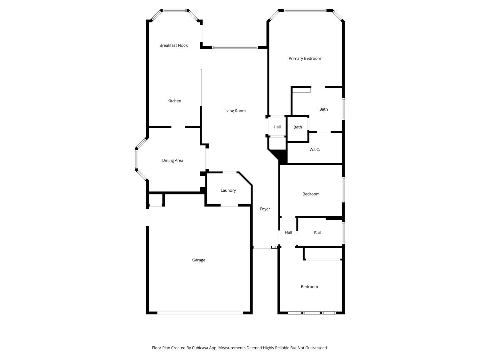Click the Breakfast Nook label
pos(173,45)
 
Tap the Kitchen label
pos(174,101)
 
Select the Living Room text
pos(235,111)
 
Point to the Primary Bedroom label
pos(305,59)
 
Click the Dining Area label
pos(172,160)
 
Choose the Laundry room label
pos(228,190)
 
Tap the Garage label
pos(199,260)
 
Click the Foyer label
pos(265,209)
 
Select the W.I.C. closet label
pos(315,150)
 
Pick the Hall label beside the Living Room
pos(277,127)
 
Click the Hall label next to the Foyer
pos(288,232)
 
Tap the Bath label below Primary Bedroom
pos(324,109)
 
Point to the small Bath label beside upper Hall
pos(298,127)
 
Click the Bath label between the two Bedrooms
pos(318,233)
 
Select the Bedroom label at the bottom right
pos(309,287)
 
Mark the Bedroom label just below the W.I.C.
pos(311,194)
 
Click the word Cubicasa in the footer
pos(200,348)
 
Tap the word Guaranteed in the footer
pos(316,348)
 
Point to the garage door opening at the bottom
pos(200,313)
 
